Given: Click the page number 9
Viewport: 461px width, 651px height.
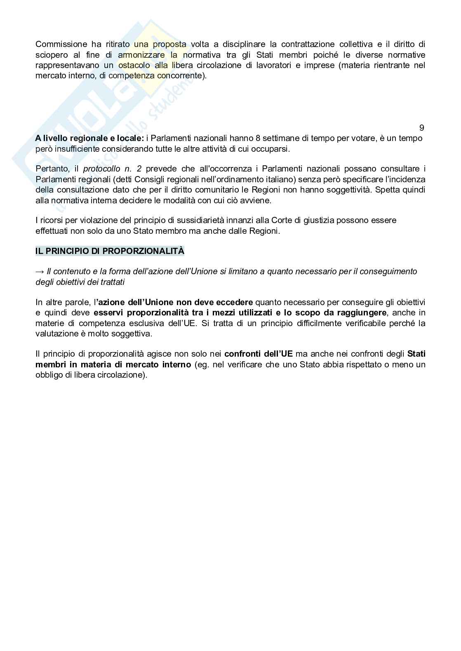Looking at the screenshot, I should click(421, 128).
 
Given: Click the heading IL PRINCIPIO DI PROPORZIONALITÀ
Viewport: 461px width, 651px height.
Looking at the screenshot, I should click(110, 251).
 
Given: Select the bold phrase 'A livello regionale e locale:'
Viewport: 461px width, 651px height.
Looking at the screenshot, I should click(89, 138).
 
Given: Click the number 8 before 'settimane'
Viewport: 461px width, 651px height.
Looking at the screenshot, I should click(258, 138).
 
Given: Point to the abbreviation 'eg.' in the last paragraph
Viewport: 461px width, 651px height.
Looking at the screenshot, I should click(201, 364).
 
